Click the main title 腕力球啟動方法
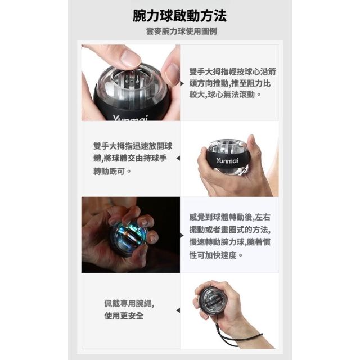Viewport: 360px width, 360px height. (x=180, y=16)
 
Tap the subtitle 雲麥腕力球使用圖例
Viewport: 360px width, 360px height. (x=181, y=31)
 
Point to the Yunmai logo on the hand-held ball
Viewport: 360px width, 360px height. (x=227, y=160)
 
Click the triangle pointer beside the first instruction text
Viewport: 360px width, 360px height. (x=182, y=83)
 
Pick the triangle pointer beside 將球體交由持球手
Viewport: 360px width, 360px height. (x=178, y=158)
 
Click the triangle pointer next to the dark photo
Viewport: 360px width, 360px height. (x=182, y=235)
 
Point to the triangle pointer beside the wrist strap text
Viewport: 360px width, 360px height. (x=178, y=310)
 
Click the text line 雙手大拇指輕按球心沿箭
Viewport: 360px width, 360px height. (x=232, y=71)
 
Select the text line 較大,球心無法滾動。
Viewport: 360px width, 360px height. (x=226, y=94)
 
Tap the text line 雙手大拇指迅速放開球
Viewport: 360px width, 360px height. (x=133, y=146)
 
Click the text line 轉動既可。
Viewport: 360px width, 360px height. (x=112, y=171)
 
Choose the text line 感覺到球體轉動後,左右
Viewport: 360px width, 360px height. (x=230, y=217)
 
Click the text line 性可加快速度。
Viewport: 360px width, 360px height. (x=216, y=255)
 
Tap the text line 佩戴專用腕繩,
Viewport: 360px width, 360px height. (x=129, y=304)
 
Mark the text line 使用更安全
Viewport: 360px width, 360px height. (x=124, y=316)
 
